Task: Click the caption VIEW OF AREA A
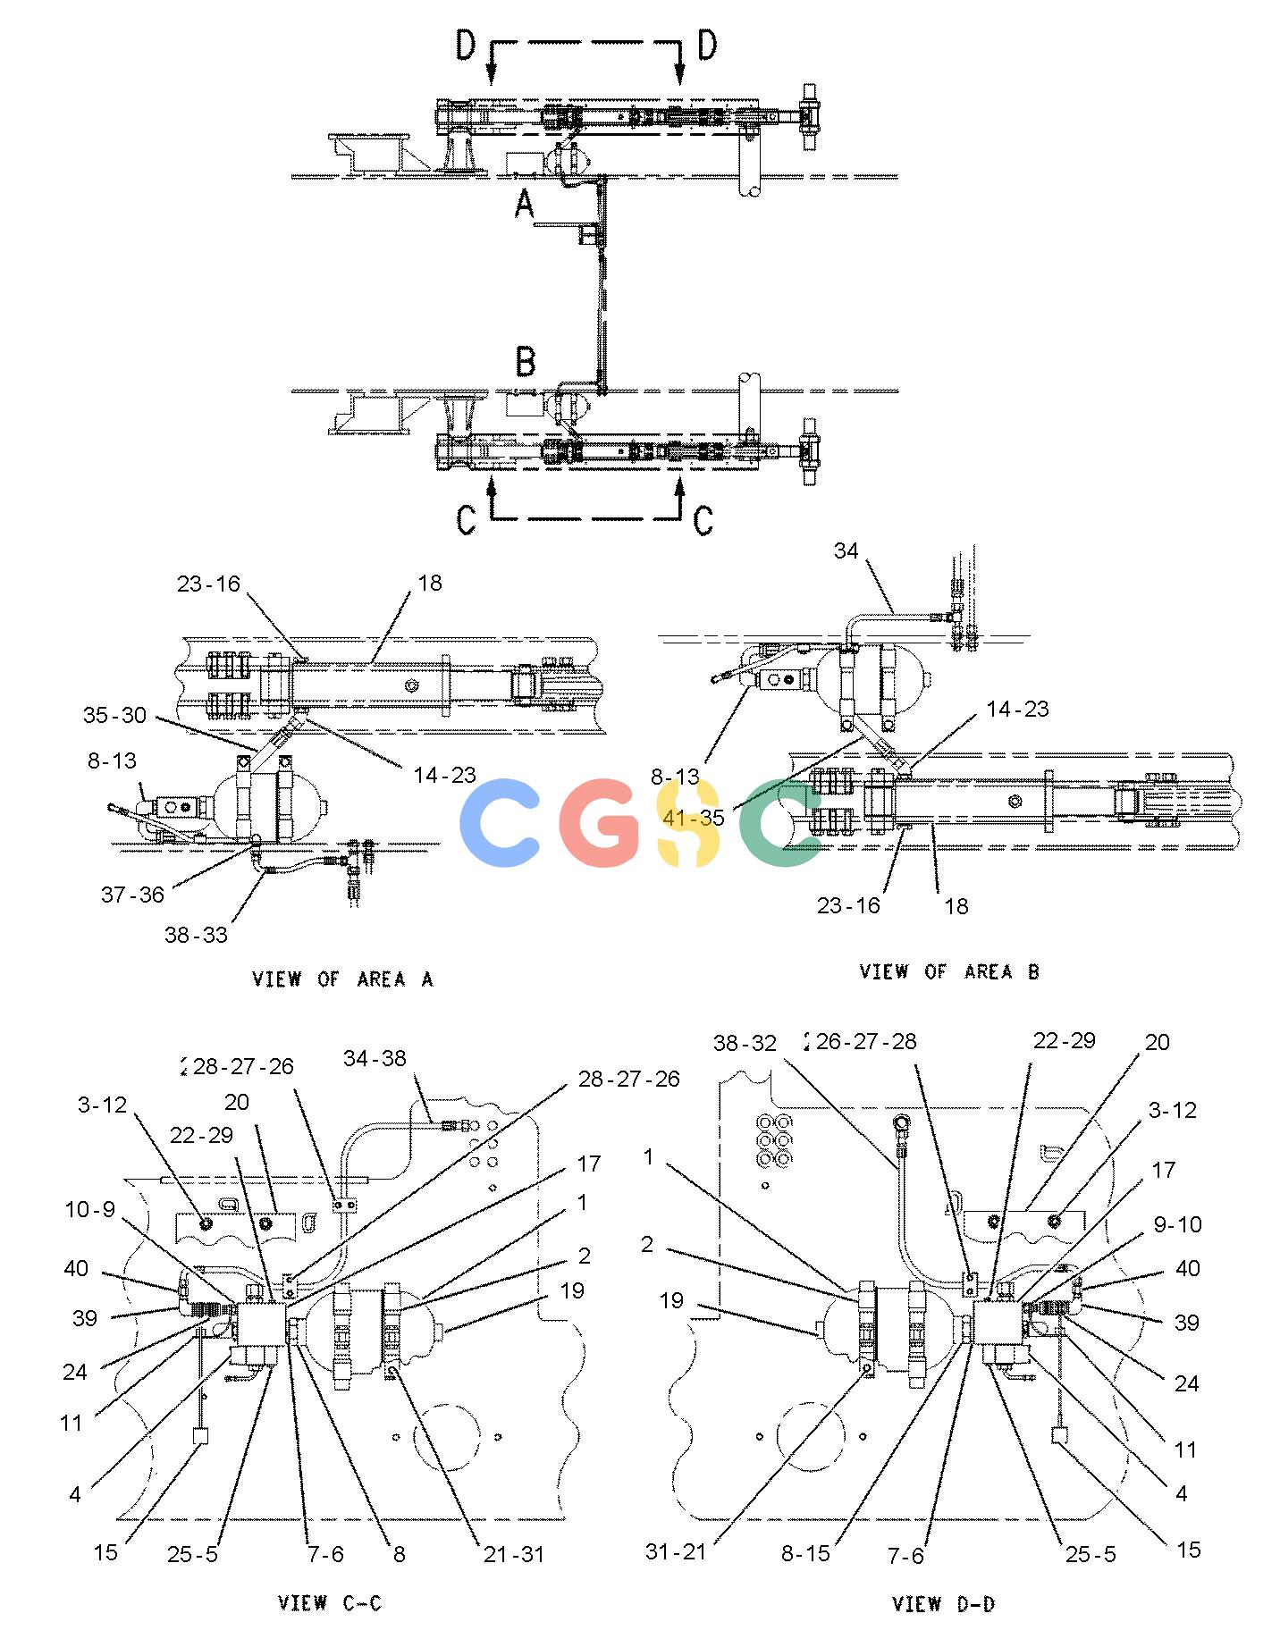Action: point(342,979)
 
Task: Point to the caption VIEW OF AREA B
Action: point(949,971)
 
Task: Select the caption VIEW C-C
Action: point(330,1603)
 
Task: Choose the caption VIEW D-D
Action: point(943,1604)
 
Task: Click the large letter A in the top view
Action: point(525,206)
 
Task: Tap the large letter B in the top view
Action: point(526,362)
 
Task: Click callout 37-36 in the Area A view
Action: point(132,895)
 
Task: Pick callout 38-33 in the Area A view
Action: point(196,935)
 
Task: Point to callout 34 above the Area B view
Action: point(846,551)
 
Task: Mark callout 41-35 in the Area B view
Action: point(694,818)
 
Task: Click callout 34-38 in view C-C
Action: point(375,1059)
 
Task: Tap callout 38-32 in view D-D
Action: point(745,1043)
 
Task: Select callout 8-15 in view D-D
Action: point(805,1554)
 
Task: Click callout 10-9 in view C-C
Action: point(90,1210)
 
